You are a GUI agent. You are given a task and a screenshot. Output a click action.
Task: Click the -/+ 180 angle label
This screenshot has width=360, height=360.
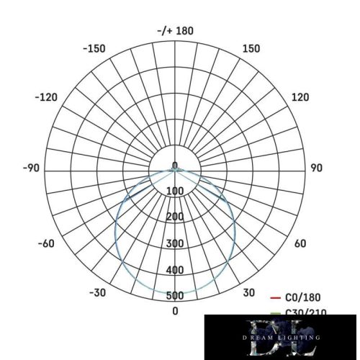[x=175, y=31]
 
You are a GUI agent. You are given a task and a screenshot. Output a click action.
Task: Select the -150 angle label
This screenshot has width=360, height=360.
[x=94, y=48]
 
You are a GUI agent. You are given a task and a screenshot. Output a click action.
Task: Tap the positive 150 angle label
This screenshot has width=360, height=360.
[x=251, y=48]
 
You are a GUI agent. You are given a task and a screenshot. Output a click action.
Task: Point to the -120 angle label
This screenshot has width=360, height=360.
[x=48, y=97]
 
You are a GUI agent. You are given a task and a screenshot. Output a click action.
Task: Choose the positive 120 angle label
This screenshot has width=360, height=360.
[x=300, y=97]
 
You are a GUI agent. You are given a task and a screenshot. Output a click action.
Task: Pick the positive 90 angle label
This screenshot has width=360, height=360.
[x=316, y=168]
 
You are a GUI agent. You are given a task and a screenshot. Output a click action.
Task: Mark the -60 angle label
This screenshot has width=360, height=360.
[x=45, y=243]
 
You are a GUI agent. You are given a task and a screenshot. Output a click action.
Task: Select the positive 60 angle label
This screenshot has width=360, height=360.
[x=301, y=243]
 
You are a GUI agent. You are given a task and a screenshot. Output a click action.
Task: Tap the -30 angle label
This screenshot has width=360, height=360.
[x=98, y=292]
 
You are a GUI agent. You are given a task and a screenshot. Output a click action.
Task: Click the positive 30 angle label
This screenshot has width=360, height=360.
[x=248, y=292]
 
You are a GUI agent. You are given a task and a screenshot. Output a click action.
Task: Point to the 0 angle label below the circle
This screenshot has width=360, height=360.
[x=175, y=311]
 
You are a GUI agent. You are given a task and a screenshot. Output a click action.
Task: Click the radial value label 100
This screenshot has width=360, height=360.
[x=175, y=191]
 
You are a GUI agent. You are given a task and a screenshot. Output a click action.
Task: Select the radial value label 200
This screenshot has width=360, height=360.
[x=175, y=217]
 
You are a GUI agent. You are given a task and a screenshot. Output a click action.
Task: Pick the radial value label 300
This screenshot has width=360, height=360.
[x=175, y=243]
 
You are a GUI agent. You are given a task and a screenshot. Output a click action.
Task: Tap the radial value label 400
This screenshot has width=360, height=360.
[x=175, y=270]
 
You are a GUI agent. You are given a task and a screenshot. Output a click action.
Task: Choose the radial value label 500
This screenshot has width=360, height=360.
[x=175, y=296]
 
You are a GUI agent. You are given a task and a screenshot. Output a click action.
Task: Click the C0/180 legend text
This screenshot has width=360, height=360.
[x=303, y=297]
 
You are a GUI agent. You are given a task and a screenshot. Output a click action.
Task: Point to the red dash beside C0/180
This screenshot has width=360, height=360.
[x=274, y=297]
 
